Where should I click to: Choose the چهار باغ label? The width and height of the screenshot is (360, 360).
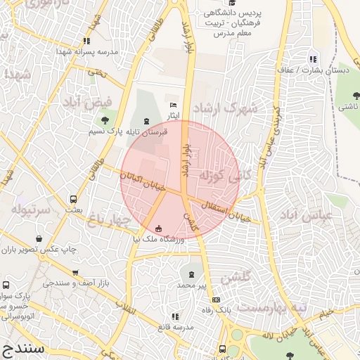pyautogui.click(x=110, y=221)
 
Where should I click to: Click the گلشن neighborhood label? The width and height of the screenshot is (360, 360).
pyautogui.click(x=236, y=279)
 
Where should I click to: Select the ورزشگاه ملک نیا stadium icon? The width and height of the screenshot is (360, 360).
pyautogui.click(x=157, y=229)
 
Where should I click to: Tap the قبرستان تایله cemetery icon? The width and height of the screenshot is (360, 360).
pyautogui.click(x=146, y=121)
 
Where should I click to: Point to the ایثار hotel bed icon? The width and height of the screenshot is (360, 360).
pyautogui.click(x=173, y=105)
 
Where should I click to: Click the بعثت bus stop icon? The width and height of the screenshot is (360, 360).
pyautogui.click(x=73, y=199)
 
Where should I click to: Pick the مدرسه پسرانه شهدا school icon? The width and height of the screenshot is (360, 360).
pyautogui.click(x=86, y=41)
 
